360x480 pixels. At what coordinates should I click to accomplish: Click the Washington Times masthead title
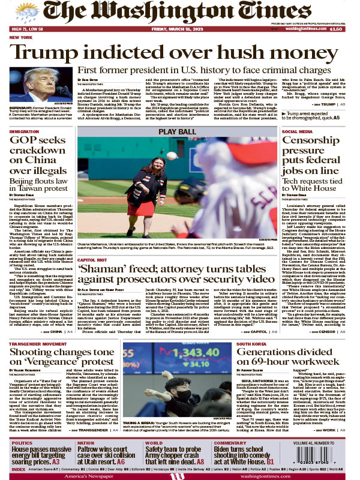click(x=180, y=13)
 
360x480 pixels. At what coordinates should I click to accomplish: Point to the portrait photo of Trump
click(x=41, y=85)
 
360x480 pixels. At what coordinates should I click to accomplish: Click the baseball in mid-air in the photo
click(x=173, y=155)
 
